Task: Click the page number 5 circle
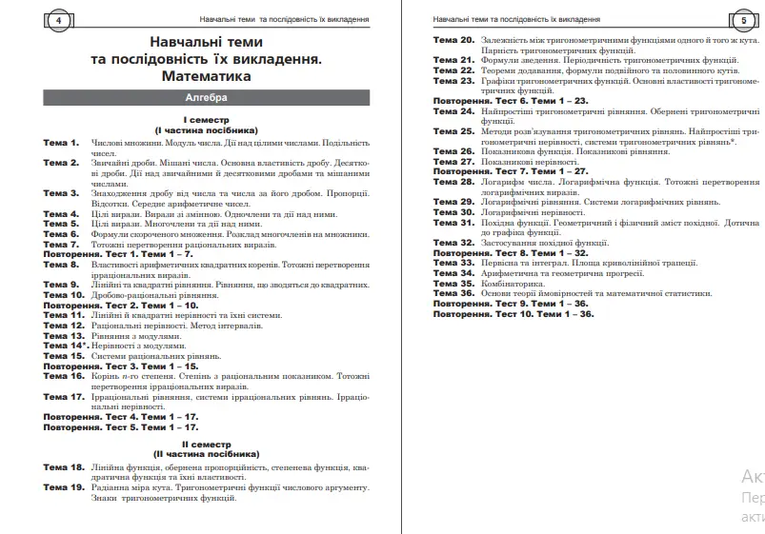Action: [x=743, y=20]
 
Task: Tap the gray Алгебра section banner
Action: [x=206, y=98]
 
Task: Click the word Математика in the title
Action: [x=206, y=75]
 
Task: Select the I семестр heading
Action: [x=206, y=120]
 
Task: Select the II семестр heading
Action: [x=206, y=445]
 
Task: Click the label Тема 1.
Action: [x=61, y=143]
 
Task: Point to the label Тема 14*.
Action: [x=65, y=346]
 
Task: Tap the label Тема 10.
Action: [x=64, y=295]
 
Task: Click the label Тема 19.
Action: [x=64, y=487]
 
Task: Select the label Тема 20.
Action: [x=453, y=41]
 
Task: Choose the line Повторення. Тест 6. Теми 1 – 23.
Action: [x=510, y=101]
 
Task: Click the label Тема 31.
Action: [x=453, y=223]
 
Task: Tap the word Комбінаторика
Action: [x=514, y=284]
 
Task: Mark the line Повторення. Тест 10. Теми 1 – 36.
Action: [x=513, y=314]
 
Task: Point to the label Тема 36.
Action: [x=453, y=294]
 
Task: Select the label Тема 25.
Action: [x=453, y=131]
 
